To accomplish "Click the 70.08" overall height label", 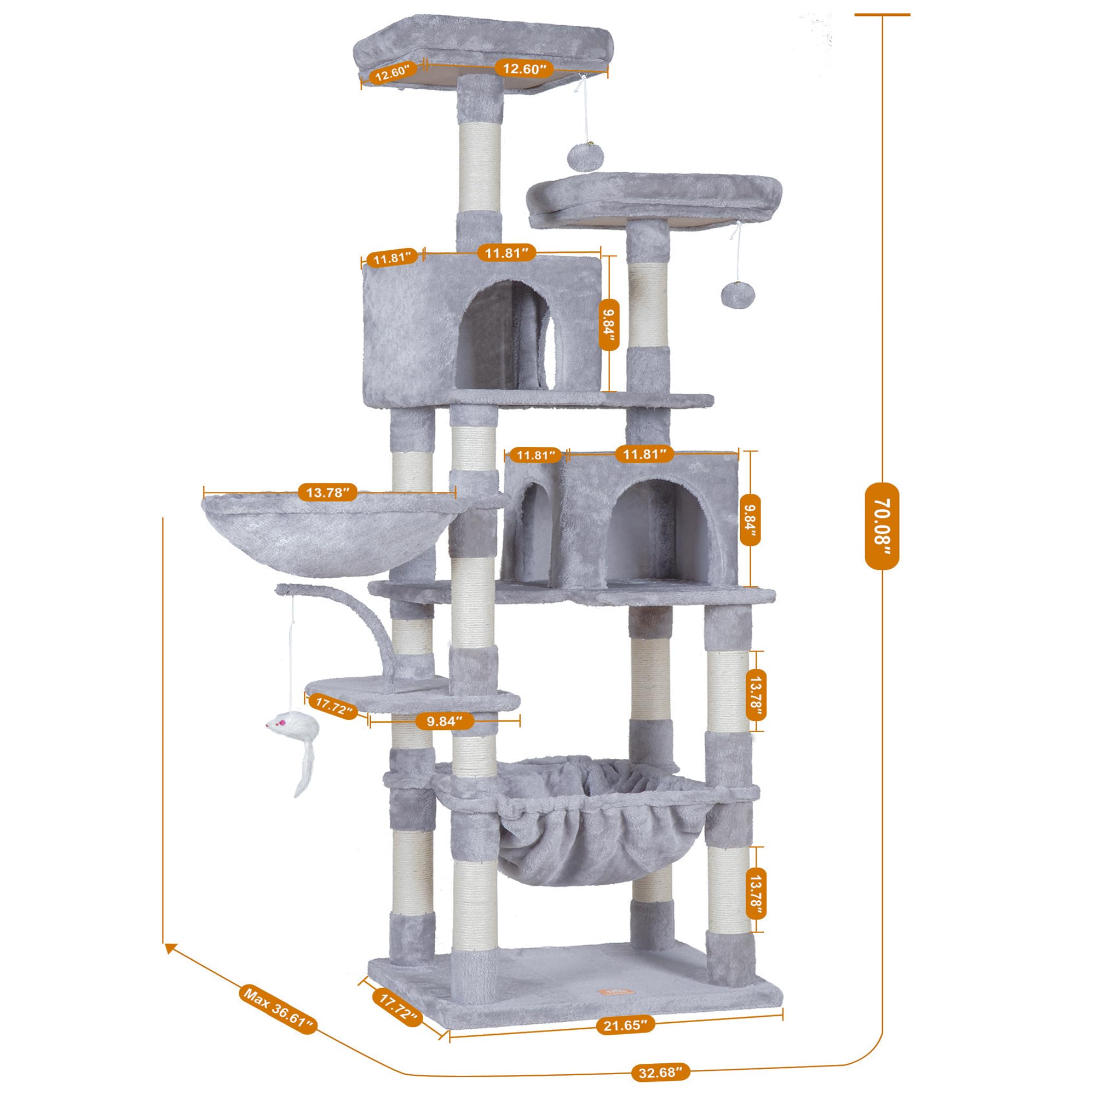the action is [882, 526].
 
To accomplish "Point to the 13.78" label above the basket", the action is [327, 492].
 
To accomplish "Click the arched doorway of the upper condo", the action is [504, 335].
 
